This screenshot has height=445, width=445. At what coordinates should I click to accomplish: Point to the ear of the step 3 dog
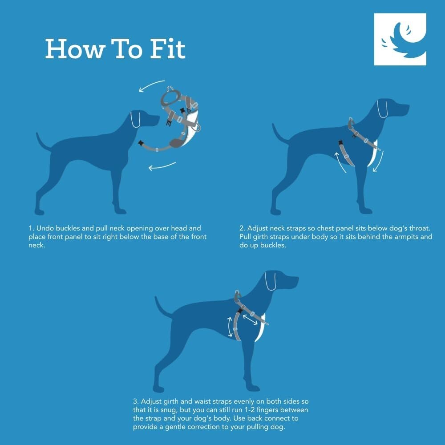click(270, 281)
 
